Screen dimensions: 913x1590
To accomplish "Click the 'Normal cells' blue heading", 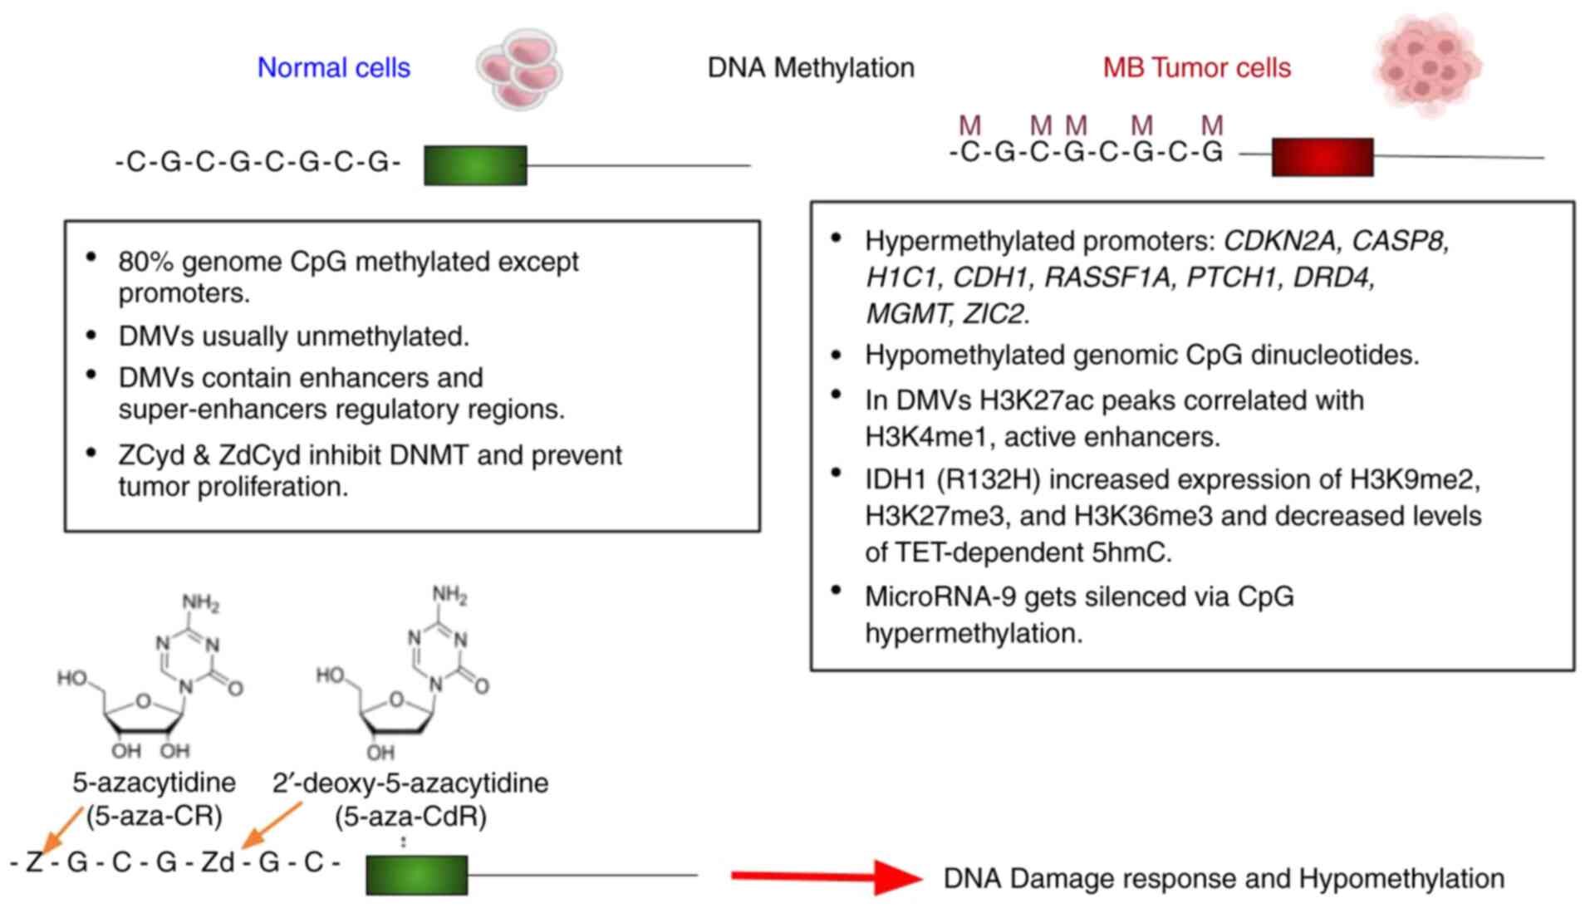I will click(x=333, y=67).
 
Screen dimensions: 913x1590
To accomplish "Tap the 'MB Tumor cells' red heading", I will click(x=1196, y=67).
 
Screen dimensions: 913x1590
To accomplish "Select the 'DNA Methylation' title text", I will click(x=810, y=67).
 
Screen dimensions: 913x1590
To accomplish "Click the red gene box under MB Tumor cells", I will click(x=1322, y=157).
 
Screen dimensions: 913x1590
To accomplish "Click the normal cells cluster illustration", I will click(x=519, y=69).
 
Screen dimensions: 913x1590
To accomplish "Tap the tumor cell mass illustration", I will click(x=1427, y=64).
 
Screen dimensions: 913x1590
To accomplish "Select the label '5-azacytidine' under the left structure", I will click(x=154, y=783).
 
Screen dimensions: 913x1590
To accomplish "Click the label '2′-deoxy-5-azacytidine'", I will click(x=410, y=783).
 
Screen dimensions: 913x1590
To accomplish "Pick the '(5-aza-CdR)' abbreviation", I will click(x=410, y=817).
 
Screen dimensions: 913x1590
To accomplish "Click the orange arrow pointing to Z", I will click(x=62, y=829).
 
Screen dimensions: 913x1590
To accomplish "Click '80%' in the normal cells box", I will click(x=146, y=262).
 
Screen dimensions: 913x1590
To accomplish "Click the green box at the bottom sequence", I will click(x=416, y=875).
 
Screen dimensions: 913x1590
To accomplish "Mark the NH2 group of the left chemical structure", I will click(x=200, y=602).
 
